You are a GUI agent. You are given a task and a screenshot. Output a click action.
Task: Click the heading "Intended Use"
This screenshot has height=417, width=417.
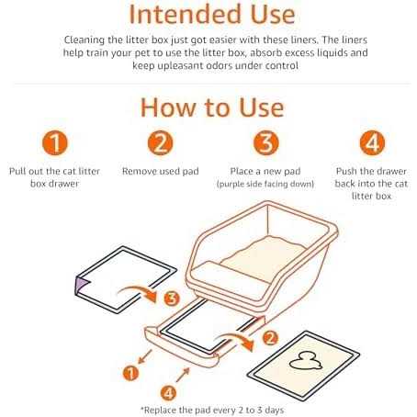(212, 15)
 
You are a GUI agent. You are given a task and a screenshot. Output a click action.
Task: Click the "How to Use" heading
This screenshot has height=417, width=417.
(212, 107)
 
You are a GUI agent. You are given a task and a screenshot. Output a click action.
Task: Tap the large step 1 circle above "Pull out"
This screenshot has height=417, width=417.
(55, 143)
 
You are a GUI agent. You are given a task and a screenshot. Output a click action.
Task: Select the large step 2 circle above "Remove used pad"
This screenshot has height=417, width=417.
(160, 143)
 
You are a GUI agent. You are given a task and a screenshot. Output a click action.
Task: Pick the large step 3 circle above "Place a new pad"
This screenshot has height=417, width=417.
(266, 143)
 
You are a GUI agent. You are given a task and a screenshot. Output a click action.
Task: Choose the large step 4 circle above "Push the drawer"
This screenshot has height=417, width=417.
(372, 143)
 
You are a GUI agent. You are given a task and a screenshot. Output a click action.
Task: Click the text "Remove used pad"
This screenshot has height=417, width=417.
(161, 171)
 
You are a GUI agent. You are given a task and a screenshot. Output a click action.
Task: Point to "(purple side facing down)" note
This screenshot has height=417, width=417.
(265, 184)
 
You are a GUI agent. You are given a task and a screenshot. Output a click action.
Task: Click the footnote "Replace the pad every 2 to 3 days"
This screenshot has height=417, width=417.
(212, 410)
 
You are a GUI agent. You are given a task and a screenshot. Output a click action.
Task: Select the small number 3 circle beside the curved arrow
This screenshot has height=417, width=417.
(172, 299)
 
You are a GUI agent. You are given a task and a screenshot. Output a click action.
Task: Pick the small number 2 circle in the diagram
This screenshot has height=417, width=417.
(270, 338)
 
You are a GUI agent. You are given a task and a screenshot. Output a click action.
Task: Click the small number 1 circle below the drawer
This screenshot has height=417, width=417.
(130, 373)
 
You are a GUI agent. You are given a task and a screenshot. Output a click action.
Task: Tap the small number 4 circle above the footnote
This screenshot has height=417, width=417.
(168, 393)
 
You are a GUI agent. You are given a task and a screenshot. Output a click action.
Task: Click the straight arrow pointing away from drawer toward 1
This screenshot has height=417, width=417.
(145, 356)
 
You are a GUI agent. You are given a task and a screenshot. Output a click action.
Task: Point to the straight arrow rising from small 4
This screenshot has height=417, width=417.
(183, 375)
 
